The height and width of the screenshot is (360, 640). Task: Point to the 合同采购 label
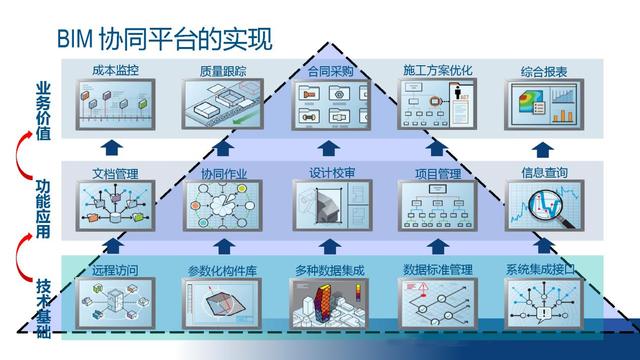[x=331, y=72]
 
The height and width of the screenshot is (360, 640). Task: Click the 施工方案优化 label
[x=437, y=72]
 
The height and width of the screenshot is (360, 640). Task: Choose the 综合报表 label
[x=543, y=72]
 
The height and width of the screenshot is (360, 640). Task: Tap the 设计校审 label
[x=331, y=172]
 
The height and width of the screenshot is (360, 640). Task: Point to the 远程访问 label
[x=111, y=270]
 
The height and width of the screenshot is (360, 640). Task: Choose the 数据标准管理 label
[x=438, y=270]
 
